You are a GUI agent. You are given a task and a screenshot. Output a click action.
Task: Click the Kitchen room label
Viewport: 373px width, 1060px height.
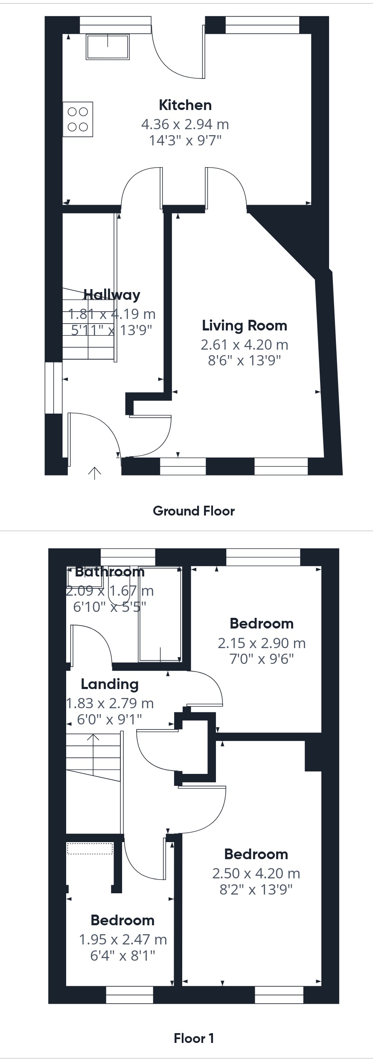click(185, 105)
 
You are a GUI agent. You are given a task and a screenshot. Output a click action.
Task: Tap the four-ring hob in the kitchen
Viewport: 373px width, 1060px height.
click(78, 119)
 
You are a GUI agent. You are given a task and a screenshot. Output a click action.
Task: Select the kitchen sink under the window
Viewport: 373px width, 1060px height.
click(108, 46)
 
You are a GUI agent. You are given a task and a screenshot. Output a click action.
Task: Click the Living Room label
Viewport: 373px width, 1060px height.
click(244, 326)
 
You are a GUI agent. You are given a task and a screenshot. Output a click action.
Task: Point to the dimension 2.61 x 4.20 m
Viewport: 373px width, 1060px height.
click(244, 345)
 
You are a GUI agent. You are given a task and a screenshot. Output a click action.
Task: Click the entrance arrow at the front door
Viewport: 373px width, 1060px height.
click(94, 472)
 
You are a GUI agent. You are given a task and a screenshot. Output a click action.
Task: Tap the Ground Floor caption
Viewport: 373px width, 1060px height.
click(194, 511)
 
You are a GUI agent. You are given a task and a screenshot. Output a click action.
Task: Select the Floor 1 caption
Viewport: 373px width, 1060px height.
click(194, 1038)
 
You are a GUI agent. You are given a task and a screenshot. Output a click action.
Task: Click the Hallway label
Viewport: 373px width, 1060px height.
click(112, 295)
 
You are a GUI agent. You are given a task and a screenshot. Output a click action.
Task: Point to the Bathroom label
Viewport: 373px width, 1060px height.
click(110, 572)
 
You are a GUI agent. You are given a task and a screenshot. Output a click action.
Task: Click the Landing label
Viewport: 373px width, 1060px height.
click(110, 684)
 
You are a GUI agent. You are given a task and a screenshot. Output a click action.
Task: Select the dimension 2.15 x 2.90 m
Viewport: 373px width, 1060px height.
click(261, 643)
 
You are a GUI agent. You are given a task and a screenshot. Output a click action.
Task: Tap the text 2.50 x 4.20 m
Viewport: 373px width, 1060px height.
click(256, 873)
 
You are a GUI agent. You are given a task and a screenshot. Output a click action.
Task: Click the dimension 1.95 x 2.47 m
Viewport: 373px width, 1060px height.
click(122, 939)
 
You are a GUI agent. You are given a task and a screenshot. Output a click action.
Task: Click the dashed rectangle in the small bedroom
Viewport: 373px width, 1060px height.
click(90, 849)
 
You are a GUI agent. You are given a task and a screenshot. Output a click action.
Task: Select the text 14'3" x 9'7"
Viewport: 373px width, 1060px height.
click(185, 140)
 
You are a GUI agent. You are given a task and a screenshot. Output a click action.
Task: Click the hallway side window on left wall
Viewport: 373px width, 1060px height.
click(54, 388)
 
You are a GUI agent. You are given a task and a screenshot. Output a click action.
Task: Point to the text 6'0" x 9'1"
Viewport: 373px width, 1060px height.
click(109, 719)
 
